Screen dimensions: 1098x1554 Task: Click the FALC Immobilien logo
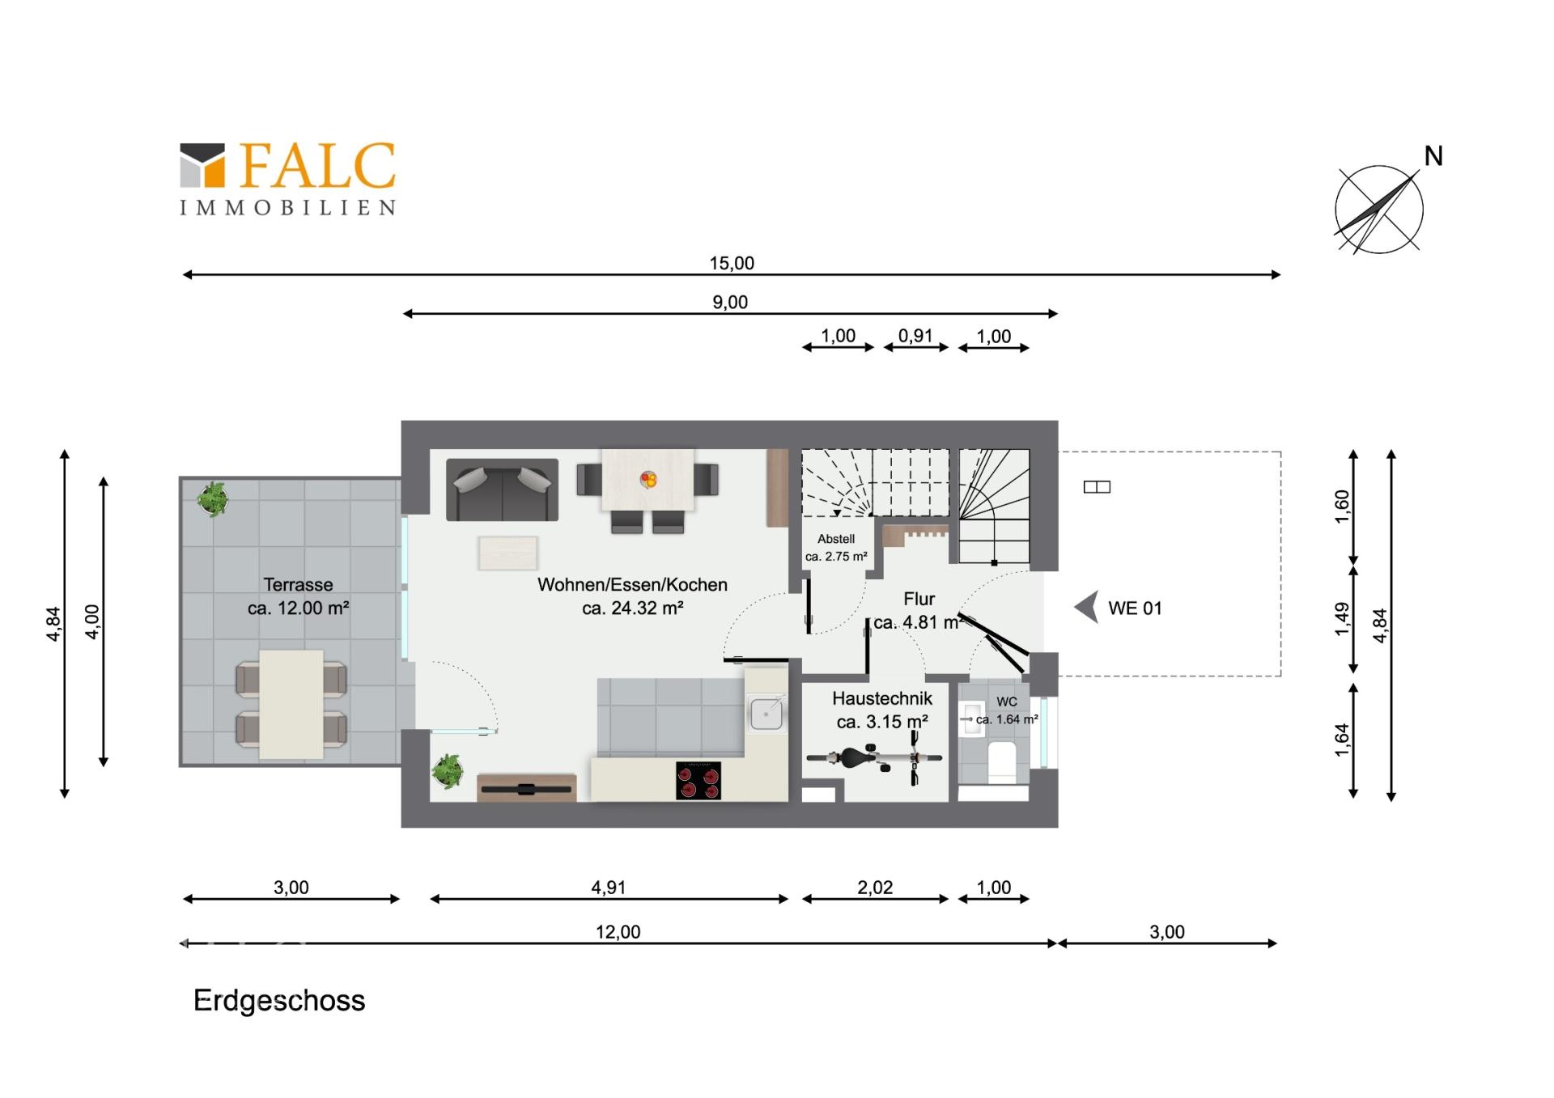tap(287, 179)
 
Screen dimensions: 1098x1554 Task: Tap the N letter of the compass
tap(1433, 156)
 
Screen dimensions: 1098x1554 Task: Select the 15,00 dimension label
tap(732, 263)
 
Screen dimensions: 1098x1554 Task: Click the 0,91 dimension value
tap(915, 336)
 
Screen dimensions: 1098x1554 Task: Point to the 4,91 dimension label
tap(609, 888)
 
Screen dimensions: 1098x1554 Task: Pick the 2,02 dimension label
tap(875, 888)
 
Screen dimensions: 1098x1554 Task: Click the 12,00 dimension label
tap(618, 932)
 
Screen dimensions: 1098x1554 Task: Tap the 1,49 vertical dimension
tap(1342, 618)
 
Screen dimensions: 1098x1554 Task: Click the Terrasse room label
tap(298, 585)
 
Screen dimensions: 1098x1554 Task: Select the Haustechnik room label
tap(882, 698)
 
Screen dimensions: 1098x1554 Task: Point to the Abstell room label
tap(836, 539)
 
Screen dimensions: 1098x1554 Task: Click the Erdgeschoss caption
tap(279, 1001)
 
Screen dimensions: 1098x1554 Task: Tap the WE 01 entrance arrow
tap(1087, 607)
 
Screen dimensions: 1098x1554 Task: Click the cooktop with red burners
tap(698, 780)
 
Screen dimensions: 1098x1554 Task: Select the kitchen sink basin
tap(766, 714)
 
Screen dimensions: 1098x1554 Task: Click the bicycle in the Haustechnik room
tap(874, 758)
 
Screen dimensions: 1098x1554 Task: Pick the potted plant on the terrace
tap(213, 498)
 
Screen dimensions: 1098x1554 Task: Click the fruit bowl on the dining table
tap(648, 480)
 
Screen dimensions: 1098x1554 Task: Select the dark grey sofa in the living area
tap(502, 490)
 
